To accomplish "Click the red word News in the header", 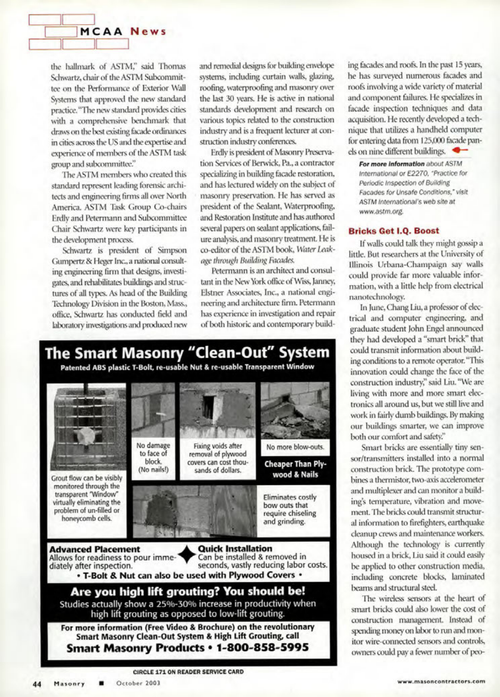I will pyautogui.click(x=148, y=32).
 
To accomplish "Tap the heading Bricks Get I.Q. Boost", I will pyautogui.click(x=394, y=231).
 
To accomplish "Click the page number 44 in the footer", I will pyautogui.click(x=37, y=683).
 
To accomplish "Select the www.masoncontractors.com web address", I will pyautogui.click(x=441, y=681).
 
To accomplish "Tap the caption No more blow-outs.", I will pyautogui.click(x=295, y=447).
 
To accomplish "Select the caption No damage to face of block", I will pyautogui.click(x=153, y=457).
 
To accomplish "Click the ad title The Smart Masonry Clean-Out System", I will pyautogui.click(x=187, y=352).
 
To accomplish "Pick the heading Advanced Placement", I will pyautogui.click(x=95, y=549).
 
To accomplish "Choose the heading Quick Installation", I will pyautogui.click(x=235, y=548).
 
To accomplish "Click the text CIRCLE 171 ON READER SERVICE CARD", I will pyautogui.click(x=188, y=672).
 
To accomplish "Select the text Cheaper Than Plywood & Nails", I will pyautogui.click(x=295, y=469).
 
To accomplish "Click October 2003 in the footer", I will pyautogui.click(x=138, y=683).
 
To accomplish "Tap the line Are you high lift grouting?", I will pyautogui.click(x=188, y=591).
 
